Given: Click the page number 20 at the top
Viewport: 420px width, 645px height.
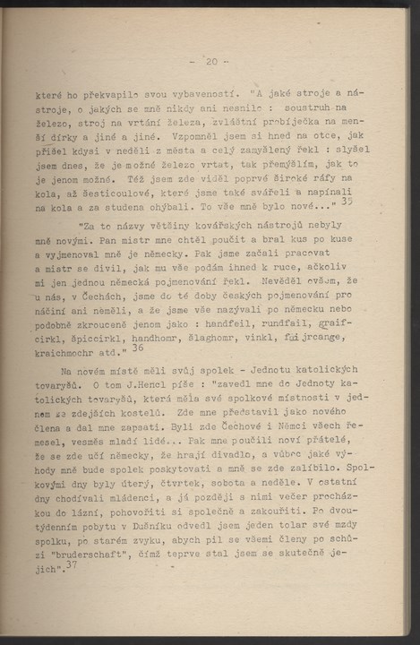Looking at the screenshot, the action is click(210, 61).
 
